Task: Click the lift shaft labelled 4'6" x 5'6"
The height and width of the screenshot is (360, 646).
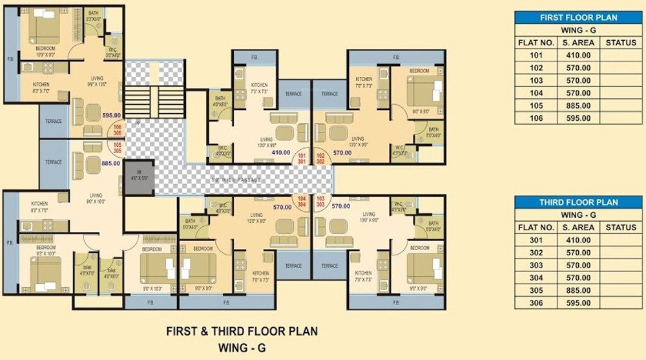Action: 140,177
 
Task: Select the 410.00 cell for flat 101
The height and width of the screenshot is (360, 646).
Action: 576,56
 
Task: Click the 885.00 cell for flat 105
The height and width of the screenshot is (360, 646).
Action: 576,106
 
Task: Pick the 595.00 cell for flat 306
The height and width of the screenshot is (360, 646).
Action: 576,303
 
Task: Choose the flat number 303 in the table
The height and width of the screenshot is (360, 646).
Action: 536,265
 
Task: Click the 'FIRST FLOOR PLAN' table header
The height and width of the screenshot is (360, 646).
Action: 578,17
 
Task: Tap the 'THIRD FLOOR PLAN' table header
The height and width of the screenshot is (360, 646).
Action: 578,202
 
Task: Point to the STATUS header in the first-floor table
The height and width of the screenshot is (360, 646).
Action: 621,43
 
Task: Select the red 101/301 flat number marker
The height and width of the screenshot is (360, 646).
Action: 302,158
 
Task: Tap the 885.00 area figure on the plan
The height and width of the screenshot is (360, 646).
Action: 111,164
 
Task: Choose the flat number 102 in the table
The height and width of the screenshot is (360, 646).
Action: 536,68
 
